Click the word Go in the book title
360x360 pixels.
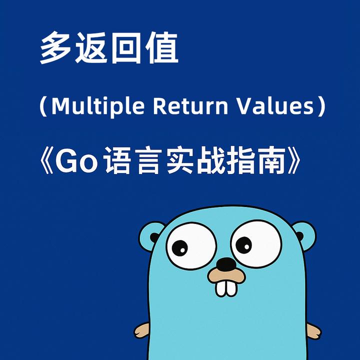pos(81,161)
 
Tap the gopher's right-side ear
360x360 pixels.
pos(303,235)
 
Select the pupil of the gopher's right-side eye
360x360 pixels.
pos(244,244)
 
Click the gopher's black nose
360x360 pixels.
pos(226,263)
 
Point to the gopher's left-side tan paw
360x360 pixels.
pos(141,330)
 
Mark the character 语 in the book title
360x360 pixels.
pos(118,161)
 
